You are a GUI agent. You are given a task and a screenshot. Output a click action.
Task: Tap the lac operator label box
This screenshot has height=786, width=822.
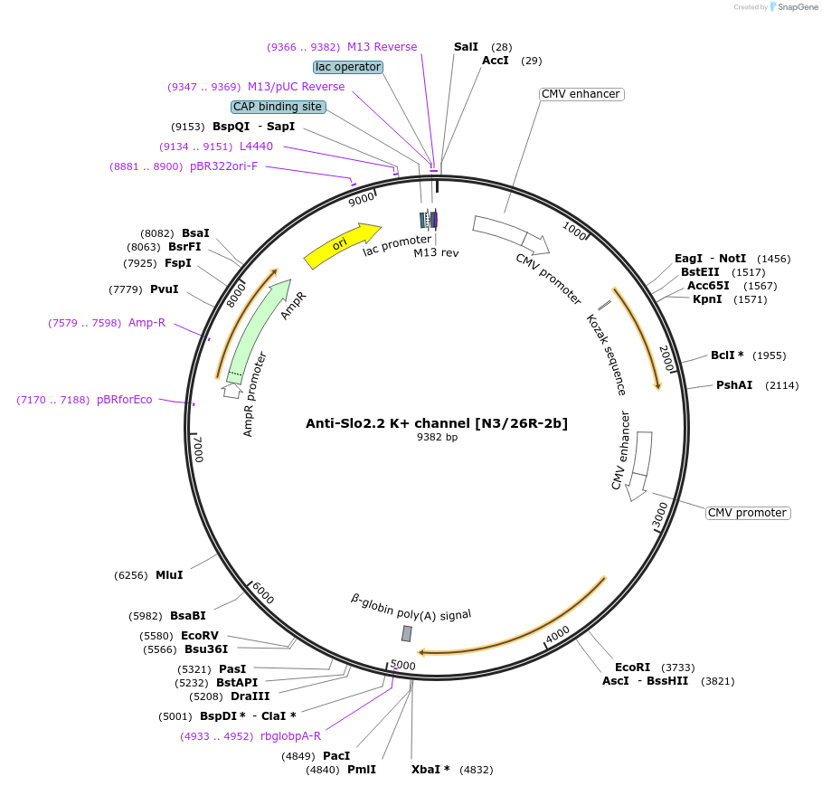point(348,67)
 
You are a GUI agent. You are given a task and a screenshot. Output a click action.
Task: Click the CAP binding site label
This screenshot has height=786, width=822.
point(278,107)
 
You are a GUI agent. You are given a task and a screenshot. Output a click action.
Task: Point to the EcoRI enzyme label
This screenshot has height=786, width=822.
point(632,667)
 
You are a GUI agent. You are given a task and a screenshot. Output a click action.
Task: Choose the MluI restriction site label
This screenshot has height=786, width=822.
point(169,575)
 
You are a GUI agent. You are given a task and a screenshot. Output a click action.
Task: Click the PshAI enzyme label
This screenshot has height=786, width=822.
point(734,385)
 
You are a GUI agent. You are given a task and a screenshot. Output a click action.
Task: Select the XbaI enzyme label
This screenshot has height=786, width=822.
point(430,770)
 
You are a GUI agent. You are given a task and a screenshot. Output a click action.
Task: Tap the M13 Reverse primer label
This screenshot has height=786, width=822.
point(382,47)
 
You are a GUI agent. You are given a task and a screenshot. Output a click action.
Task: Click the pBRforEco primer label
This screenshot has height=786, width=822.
point(125,400)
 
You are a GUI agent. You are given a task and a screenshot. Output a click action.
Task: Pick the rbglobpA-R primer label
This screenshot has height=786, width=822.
point(290,736)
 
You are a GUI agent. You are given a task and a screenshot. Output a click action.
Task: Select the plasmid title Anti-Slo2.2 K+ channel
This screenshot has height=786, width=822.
point(437,422)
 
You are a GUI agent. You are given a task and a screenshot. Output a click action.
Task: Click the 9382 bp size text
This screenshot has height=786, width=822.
point(437,438)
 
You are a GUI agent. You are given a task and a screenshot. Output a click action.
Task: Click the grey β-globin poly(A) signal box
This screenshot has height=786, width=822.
point(407,633)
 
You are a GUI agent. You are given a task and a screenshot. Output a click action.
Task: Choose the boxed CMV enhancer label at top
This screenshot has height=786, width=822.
point(581,94)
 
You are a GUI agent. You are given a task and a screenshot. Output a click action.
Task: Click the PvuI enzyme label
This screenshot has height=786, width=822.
point(164,289)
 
